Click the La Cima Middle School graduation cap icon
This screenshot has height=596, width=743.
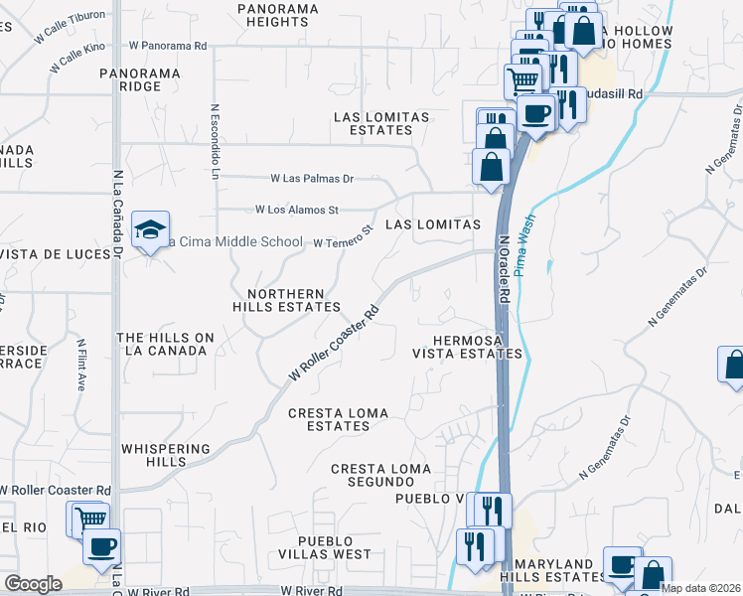[150, 229]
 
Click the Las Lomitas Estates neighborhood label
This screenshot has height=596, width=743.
[381, 123]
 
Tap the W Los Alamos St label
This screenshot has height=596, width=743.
[297, 210]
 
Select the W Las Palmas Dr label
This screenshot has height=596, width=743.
[312, 179]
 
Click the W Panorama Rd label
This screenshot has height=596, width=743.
[168, 46]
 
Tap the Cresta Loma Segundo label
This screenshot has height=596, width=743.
[381, 475]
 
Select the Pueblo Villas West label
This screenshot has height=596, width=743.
[324, 547]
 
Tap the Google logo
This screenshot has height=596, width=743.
[33, 584]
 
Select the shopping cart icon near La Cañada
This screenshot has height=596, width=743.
[88, 519]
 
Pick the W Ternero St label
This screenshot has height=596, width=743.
[343, 237]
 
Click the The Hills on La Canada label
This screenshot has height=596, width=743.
[165, 344]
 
